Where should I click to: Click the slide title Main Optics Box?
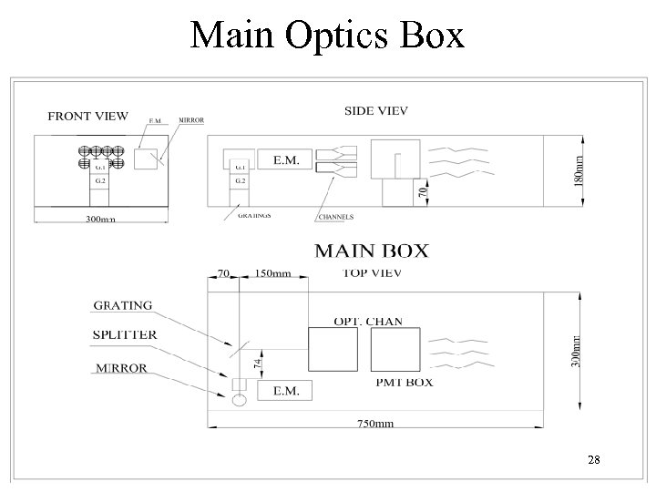(x=327, y=36)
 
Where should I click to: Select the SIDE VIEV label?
(x=375, y=110)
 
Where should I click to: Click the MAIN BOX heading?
(x=371, y=251)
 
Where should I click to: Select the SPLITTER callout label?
(x=125, y=334)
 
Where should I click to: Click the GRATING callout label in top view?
(x=122, y=306)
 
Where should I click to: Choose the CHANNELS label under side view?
(x=336, y=218)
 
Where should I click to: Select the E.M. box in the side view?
(x=284, y=159)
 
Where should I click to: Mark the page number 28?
(x=594, y=461)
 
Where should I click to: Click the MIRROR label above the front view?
(x=190, y=119)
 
